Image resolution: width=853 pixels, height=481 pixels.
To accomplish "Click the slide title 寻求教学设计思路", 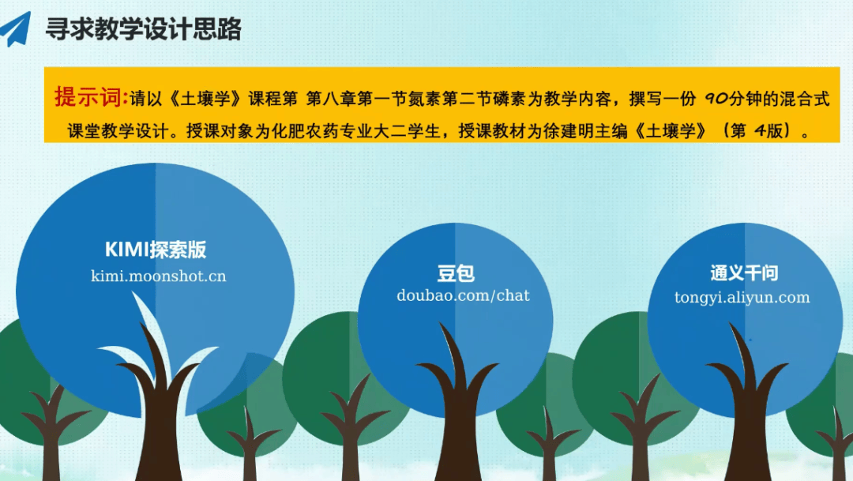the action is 144,29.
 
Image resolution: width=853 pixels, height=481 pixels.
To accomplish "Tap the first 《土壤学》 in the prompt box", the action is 207,99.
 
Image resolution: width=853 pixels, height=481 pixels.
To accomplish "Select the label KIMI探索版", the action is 156,250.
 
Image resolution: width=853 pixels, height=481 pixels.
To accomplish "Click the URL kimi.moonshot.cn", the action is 158,276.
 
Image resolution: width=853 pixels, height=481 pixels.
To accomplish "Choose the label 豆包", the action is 456,273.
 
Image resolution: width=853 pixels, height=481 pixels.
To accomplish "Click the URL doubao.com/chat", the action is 463,295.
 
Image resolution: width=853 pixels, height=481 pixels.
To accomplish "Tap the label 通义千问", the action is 744,272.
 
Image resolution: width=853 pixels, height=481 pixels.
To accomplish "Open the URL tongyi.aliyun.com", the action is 742,298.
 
